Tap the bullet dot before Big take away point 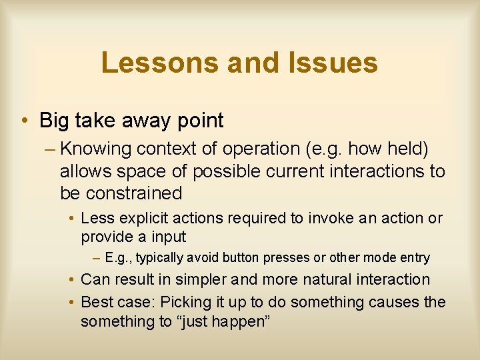(x=24, y=121)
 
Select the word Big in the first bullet (x=55, y=121)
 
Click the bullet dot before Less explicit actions (x=72, y=219)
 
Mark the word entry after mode (x=415, y=257)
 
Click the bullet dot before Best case (x=72, y=303)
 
